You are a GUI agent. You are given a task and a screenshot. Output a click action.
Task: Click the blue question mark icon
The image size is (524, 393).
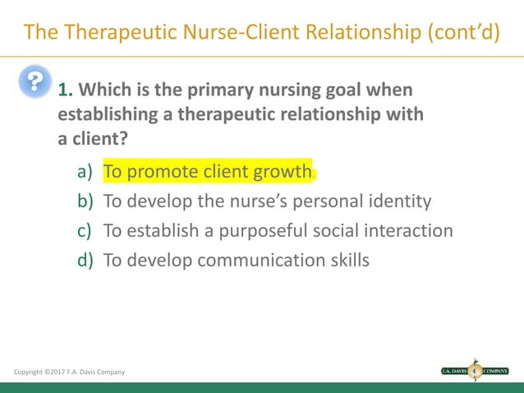point(34,83)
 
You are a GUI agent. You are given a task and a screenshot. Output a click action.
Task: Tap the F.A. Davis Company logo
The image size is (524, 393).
point(475,371)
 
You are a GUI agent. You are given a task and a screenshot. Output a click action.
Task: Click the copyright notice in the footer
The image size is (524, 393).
point(70,372)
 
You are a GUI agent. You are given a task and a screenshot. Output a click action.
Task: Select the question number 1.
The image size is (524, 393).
point(63,89)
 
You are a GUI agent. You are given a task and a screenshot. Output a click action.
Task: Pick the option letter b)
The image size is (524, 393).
point(85,201)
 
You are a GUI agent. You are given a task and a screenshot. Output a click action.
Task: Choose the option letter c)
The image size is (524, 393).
point(85,230)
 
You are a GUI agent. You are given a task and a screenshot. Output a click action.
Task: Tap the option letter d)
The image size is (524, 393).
point(85,260)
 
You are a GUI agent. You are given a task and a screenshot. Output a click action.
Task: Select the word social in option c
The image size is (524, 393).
point(329,230)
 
